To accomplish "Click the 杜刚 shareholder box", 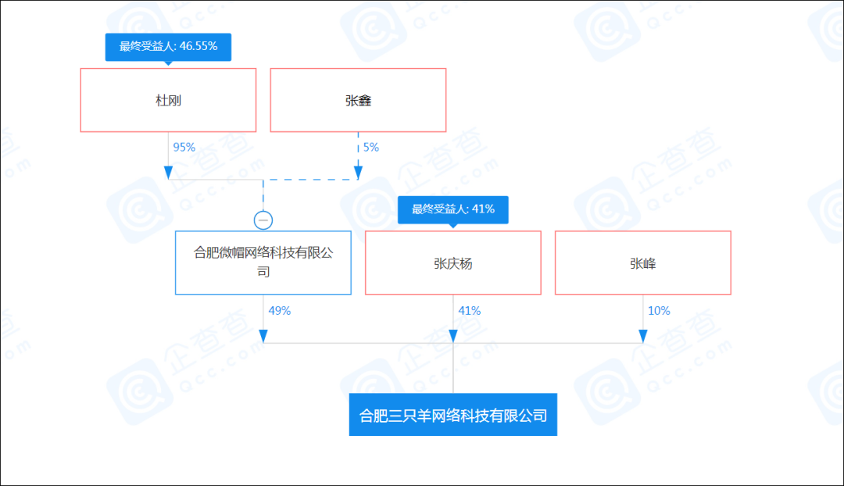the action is [168, 100].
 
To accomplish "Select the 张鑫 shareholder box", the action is [358, 100].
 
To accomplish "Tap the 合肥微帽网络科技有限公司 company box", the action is [263, 263].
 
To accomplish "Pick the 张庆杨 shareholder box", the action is [453, 263].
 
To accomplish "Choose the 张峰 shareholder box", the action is [642, 263].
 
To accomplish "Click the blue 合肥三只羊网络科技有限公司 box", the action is [453, 415].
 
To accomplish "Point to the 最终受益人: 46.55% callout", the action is [168, 48].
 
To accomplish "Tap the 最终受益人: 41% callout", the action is [453, 210].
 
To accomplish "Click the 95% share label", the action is [184, 148].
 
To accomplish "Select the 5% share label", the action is [371, 148].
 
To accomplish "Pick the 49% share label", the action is [279, 311].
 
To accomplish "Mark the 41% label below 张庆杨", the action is [470, 311].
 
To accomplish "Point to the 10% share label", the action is [659, 311].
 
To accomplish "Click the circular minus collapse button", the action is [263, 220].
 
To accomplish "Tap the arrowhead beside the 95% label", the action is [168, 173].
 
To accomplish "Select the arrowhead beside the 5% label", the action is [358, 173].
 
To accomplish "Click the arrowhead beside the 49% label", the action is [263, 337].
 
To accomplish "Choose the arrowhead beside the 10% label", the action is [642, 337].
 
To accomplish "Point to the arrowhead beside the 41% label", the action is [453, 337].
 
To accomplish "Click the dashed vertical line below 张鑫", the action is [358, 149].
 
